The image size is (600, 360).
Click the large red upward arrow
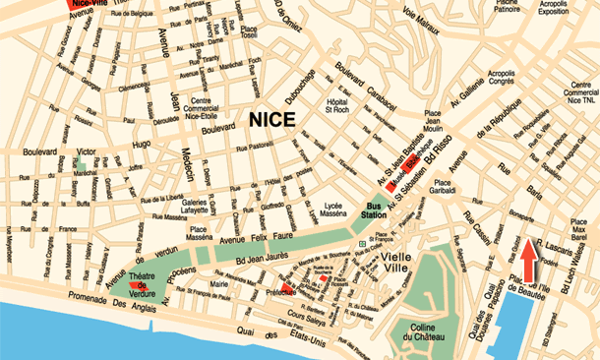tap(529, 262)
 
